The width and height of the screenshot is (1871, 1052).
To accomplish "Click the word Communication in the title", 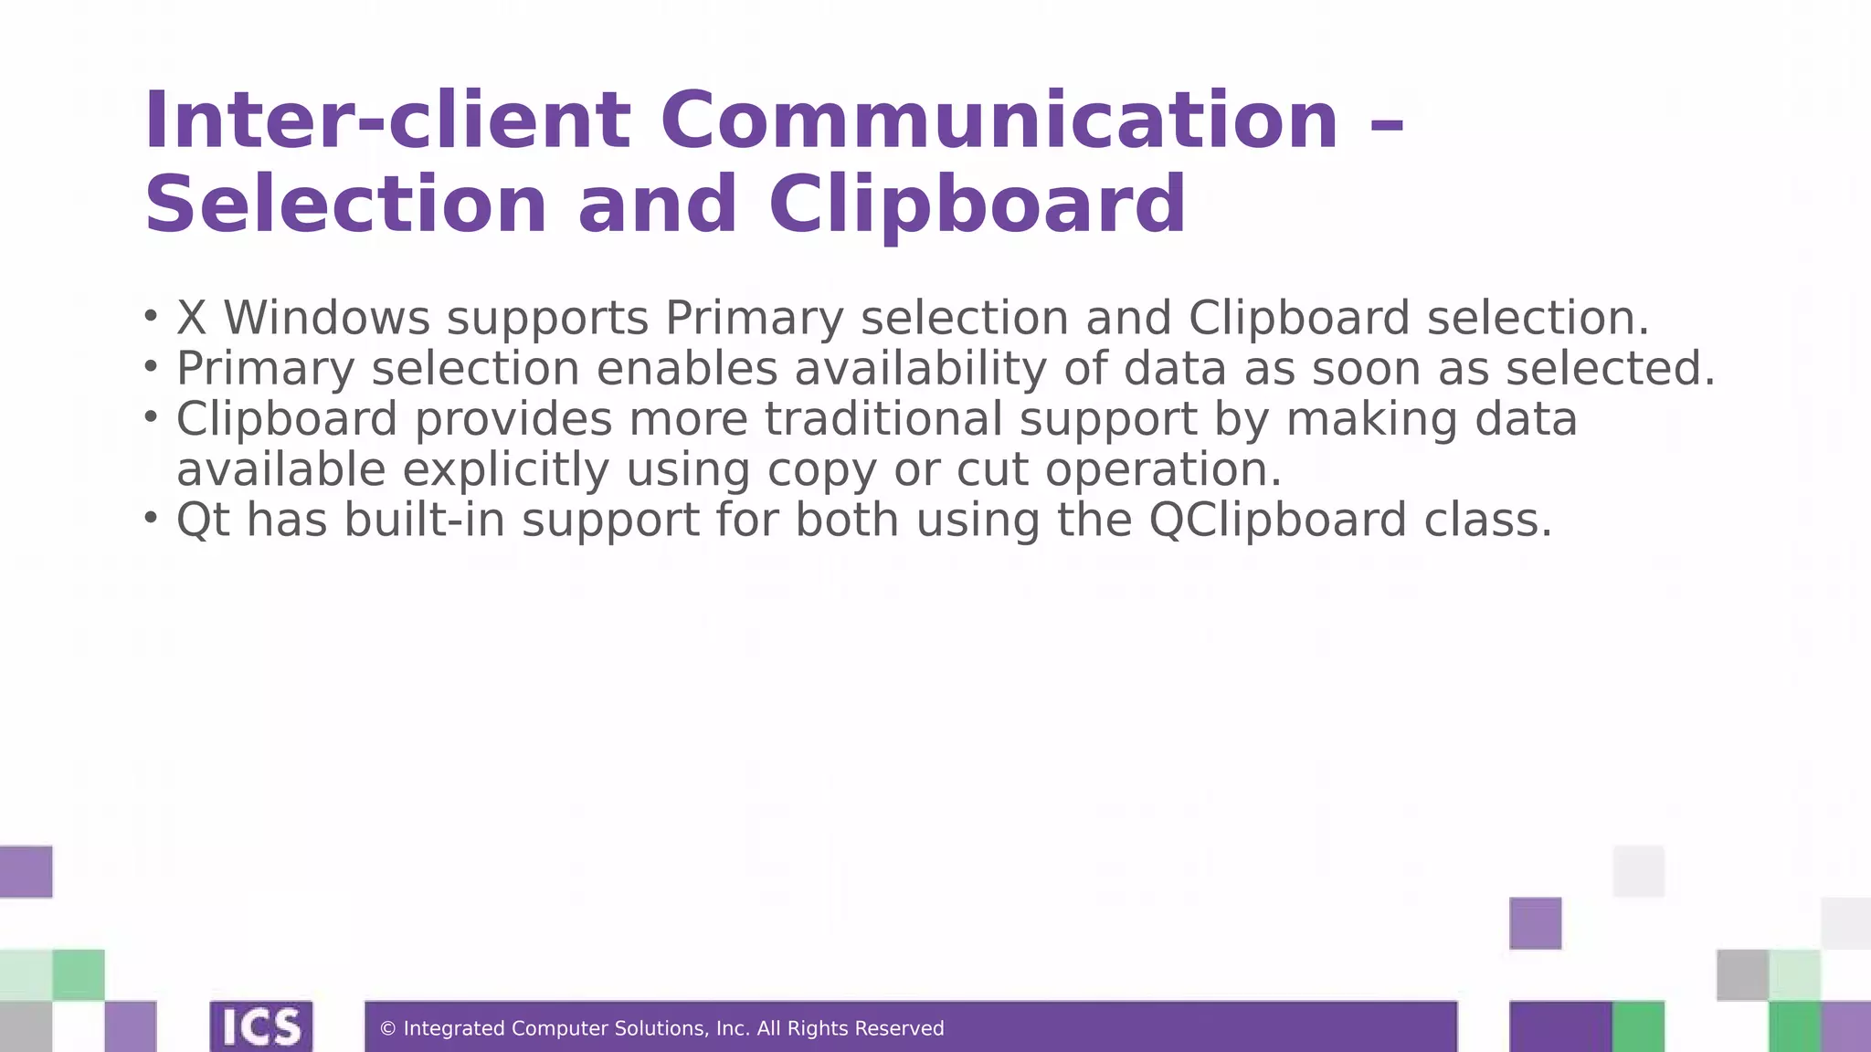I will coord(999,121).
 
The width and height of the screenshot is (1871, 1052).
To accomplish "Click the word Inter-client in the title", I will coord(386,121).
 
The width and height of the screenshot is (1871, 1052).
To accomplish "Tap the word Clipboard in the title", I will coord(977,205).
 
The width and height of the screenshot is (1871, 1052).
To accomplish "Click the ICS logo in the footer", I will coord(261,1027).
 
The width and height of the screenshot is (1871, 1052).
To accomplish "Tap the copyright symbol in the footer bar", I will coord(387,1029).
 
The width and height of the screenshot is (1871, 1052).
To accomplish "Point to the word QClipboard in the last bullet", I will coord(1277,520).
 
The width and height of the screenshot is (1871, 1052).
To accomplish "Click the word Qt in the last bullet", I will coord(203,520).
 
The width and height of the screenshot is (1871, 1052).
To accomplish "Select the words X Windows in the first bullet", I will coord(302,318).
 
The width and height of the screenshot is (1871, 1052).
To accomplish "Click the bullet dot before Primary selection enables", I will coord(152,367).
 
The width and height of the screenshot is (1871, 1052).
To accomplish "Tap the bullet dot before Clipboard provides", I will coord(152,417).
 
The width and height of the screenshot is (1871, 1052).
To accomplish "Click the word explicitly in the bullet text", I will coord(505,470).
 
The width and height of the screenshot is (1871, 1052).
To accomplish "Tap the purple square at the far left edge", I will coord(26,871).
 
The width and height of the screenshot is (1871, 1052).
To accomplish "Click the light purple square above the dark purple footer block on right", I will coord(1535,923).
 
